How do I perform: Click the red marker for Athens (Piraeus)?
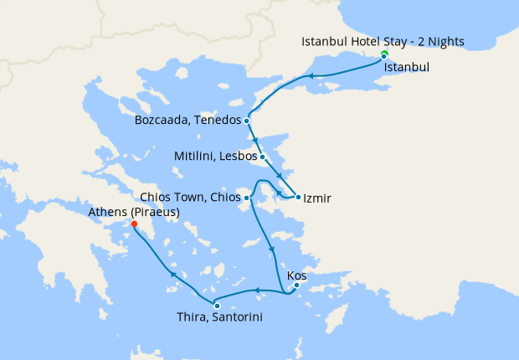(x=135, y=224)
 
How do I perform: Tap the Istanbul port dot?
(x=384, y=57)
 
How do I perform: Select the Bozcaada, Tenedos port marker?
(x=247, y=121)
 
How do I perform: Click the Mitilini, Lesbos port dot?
(x=262, y=156)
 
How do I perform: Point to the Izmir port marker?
(x=298, y=198)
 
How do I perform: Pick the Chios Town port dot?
(x=247, y=198)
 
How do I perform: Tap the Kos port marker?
(x=296, y=285)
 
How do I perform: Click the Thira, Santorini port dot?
(x=217, y=306)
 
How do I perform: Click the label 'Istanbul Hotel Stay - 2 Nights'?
(x=383, y=41)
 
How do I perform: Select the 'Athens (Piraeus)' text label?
(x=134, y=212)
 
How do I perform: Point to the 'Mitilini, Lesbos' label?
(x=215, y=156)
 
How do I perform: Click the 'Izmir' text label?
(x=318, y=198)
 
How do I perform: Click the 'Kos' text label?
(x=296, y=274)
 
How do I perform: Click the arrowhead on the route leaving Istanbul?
(x=311, y=76)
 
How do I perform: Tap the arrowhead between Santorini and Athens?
(x=173, y=274)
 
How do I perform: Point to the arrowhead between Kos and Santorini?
(x=258, y=291)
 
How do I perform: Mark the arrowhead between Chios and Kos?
(x=270, y=248)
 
